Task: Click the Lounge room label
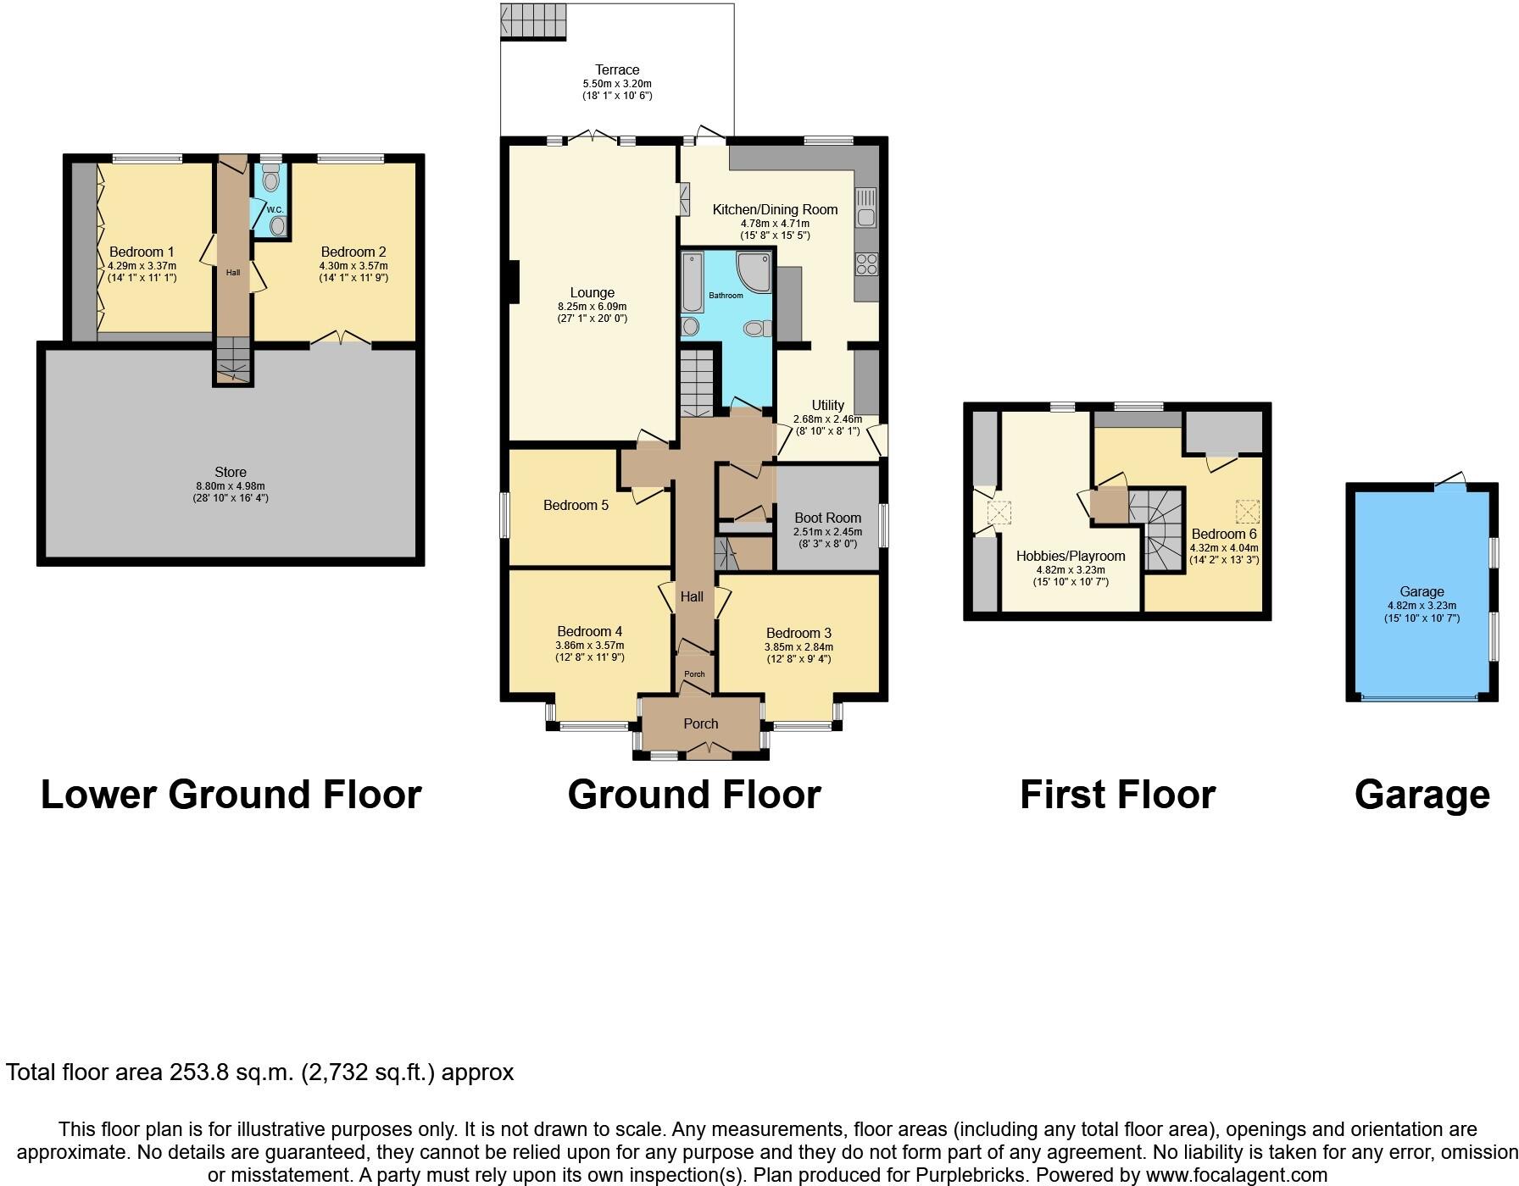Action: click(592, 292)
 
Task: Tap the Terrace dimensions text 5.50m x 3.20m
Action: click(616, 84)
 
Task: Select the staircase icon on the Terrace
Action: click(533, 21)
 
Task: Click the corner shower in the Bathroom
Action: click(754, 272)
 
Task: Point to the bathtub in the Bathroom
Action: click(693, 283)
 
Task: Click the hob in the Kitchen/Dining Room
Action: click(866, 264)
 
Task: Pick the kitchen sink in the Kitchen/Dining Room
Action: click(866, 208)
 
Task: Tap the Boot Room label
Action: click(827, 518)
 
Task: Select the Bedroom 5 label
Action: click(576, 505)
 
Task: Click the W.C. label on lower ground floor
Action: click(275, 209)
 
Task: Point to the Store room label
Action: click(231, 472)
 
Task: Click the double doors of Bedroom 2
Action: click(341, 337)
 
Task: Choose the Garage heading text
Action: click(1422, 795)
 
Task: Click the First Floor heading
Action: click(1117, 795)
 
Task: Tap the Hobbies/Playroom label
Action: click(1071, 556)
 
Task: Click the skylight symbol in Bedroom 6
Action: click(1246, 512)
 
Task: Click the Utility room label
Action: click(827, 405)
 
